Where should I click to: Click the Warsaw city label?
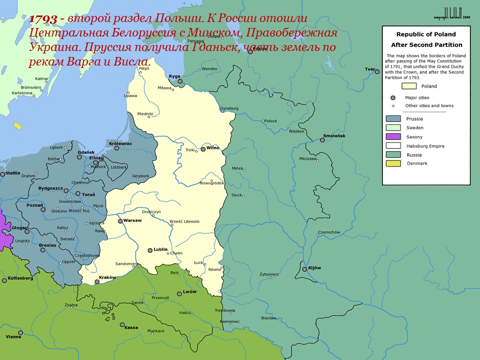coord(133,220)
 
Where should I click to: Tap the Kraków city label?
coord(107,277)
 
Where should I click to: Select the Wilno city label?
coord(213,148)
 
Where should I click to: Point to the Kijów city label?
coord(315,268)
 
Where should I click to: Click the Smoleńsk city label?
coord(334,136)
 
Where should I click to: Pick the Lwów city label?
coord(190,291)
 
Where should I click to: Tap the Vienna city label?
coord(13,336)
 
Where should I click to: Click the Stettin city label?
coord(13,173)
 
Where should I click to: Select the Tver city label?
coord(370,69)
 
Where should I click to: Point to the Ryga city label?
coord(174,76)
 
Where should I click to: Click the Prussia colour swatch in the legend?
coord(393,119)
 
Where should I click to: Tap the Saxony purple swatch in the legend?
coord(393,136)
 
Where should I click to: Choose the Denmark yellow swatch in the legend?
coord(393,163)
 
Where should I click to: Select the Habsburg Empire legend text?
coord(425,146)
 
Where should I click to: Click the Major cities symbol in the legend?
coord(393,97)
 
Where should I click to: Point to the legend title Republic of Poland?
coord(426,34)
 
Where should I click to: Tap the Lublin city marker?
coord(149,250)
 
